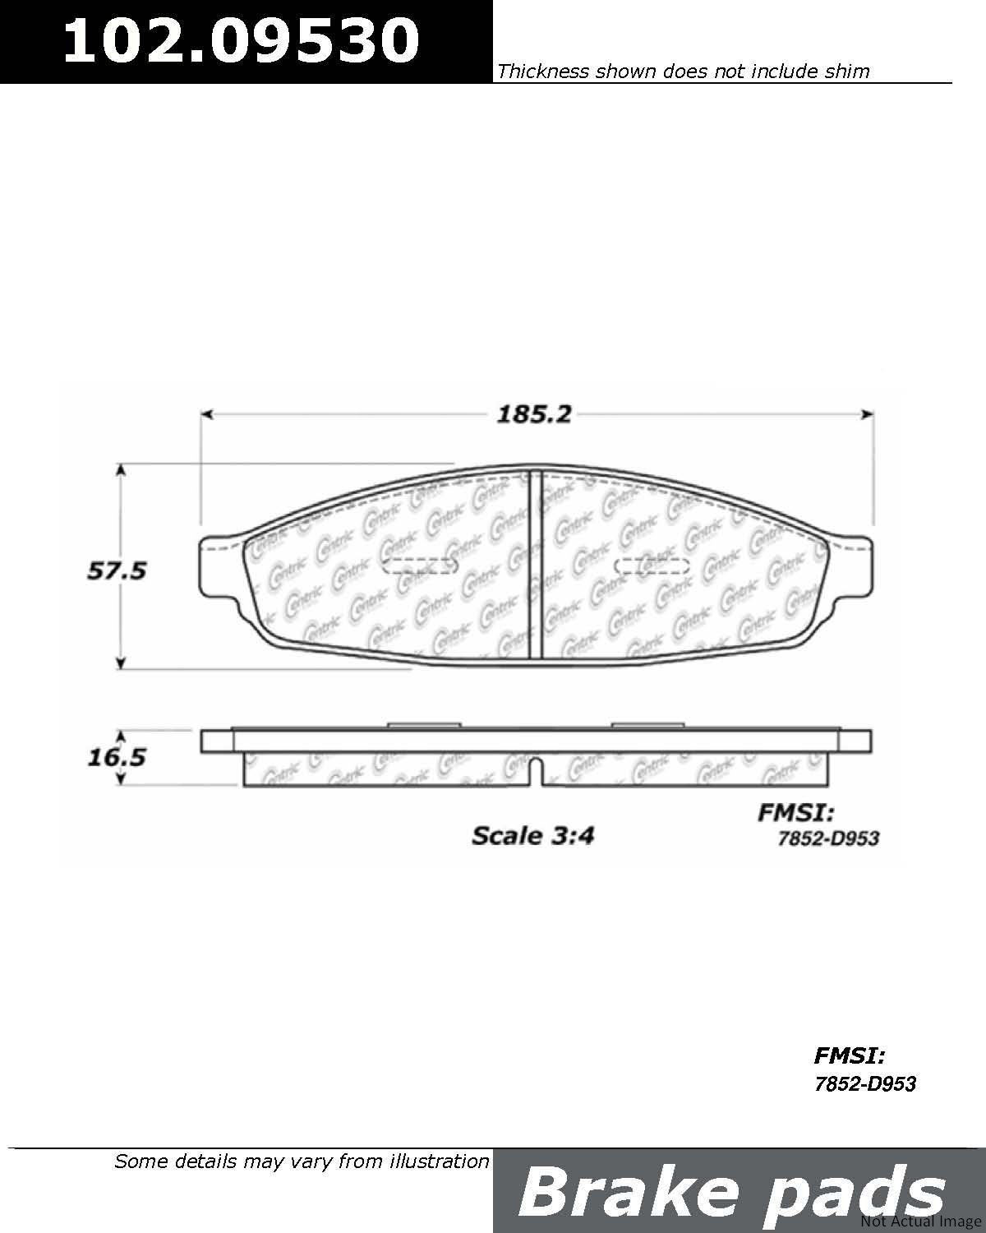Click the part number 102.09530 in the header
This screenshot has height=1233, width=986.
(242, 40)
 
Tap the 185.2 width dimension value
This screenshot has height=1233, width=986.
(534, 414)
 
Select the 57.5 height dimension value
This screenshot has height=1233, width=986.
(117, 570)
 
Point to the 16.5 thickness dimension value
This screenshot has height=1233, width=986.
(117, 757)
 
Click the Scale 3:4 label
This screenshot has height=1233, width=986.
(532, 836)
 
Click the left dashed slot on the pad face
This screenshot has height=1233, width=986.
(420, 566)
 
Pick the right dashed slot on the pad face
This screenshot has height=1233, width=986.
(651, 566)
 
